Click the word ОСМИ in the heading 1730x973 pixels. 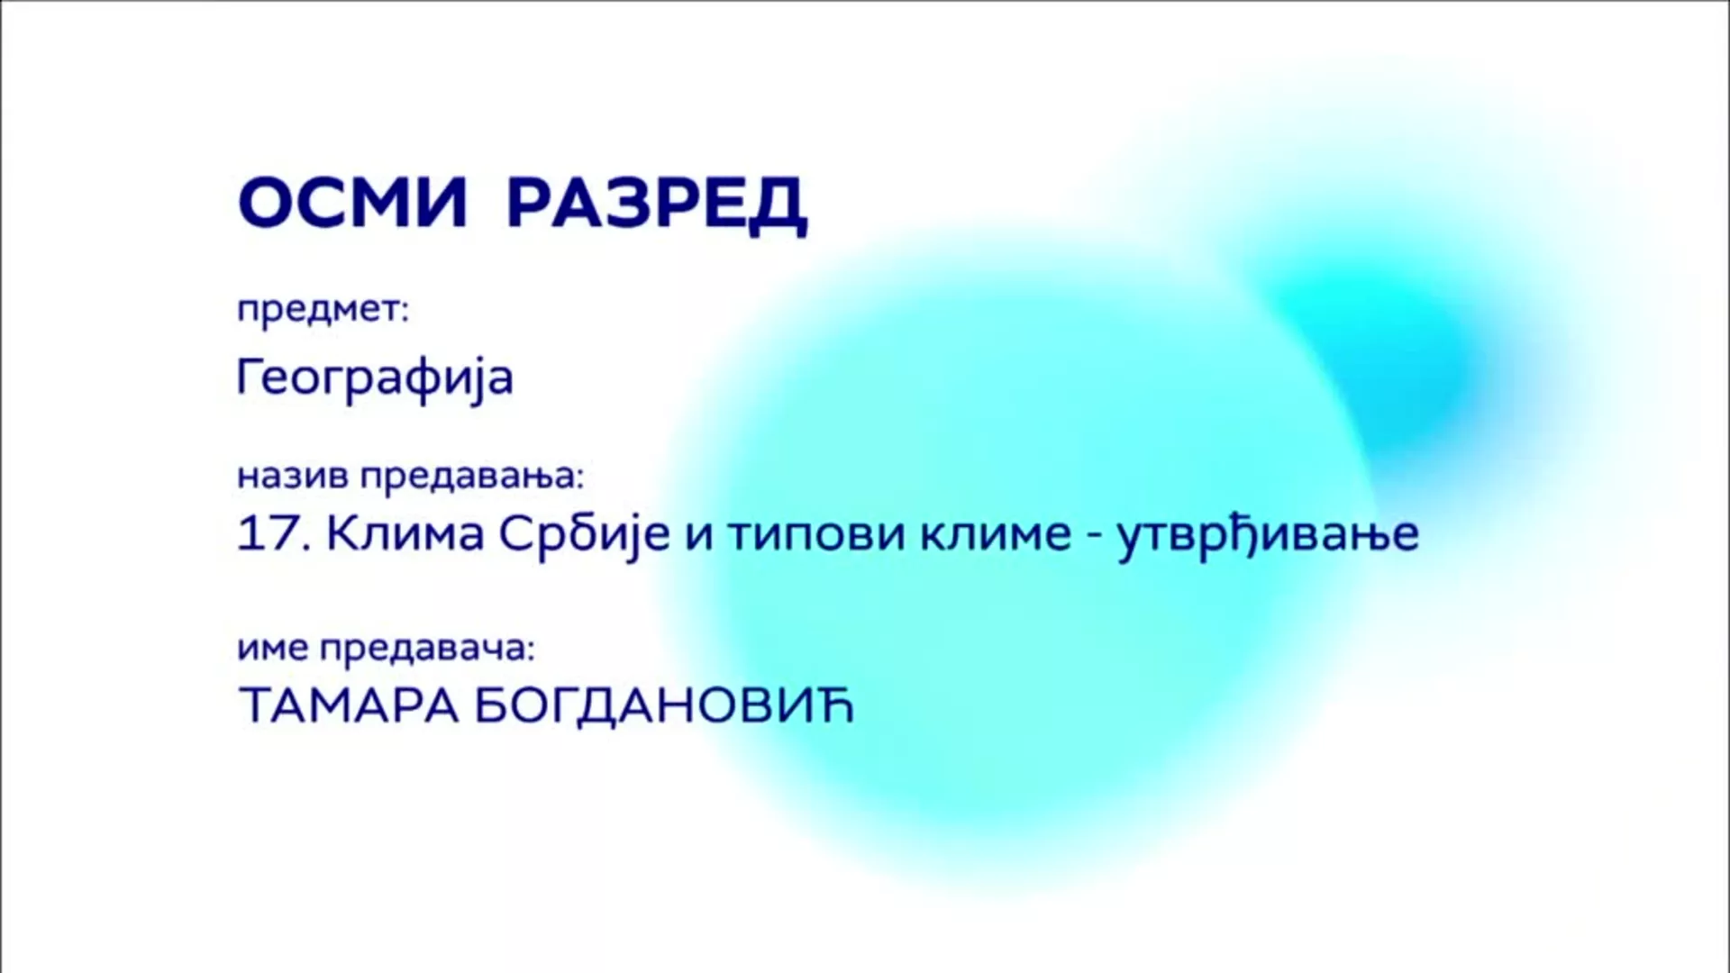click(352, 204)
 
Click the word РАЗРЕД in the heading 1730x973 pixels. click(657, 205)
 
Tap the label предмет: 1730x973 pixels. click(323, 311)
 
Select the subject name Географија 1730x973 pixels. click(375, 377)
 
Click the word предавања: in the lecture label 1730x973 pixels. click(472, 476)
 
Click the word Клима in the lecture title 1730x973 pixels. click(405, 534)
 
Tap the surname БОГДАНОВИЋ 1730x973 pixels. click(663, 705)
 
